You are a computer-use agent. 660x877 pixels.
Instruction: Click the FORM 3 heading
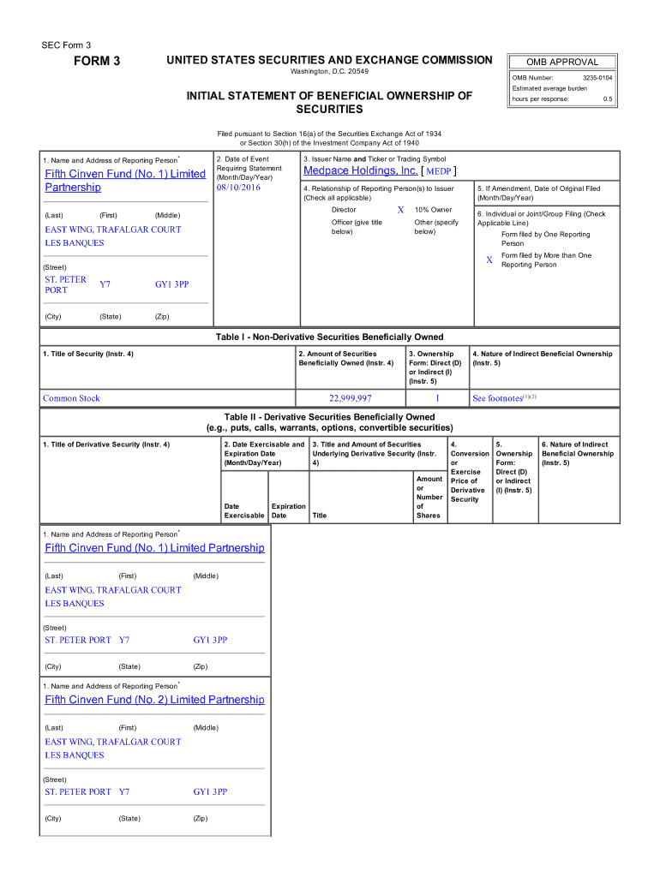pyautogui.click(x=97, y=62)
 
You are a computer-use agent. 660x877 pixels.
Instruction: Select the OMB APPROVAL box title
pyautogui.click(x=562, y=62)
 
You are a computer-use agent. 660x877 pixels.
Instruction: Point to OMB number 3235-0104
pyautogui.click(x=597, y=78)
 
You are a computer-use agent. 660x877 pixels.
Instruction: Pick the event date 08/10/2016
pyautogui.click(x=238, y=188)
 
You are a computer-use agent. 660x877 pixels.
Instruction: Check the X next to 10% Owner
pyautogui.click(x=400, y=211)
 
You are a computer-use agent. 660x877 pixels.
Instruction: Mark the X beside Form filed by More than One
pyautogui.click(x=489, y=260)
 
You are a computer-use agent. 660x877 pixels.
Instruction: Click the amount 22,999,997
pyautogui.click(x=350, y=398)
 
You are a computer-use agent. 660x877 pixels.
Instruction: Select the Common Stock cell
pyautogui.click(x=71, y=398)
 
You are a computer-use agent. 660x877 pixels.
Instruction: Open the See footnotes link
pyautogui.click(x=497, y=398)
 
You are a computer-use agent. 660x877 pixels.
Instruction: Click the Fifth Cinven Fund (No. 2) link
pyautogui.click(x=154, y=700)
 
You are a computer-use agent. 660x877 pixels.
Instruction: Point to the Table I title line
pyautogui.click(x=329, y=337)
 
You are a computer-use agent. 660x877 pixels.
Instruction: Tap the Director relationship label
pyautogui.click(x=344, y=210)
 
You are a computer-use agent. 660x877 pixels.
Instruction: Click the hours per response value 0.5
pyautogui.click(x=607, y=98)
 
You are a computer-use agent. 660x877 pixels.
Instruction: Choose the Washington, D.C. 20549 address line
pyautogui.click(x=329, y=71)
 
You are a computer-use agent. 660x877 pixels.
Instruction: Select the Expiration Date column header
pyautogui.click(x=287, y=511)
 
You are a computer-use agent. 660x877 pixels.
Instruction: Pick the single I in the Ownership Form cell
pyautogui.click(x=436, y=398)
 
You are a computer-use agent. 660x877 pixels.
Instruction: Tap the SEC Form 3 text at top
pyautogui.click(x=66, y=45)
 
